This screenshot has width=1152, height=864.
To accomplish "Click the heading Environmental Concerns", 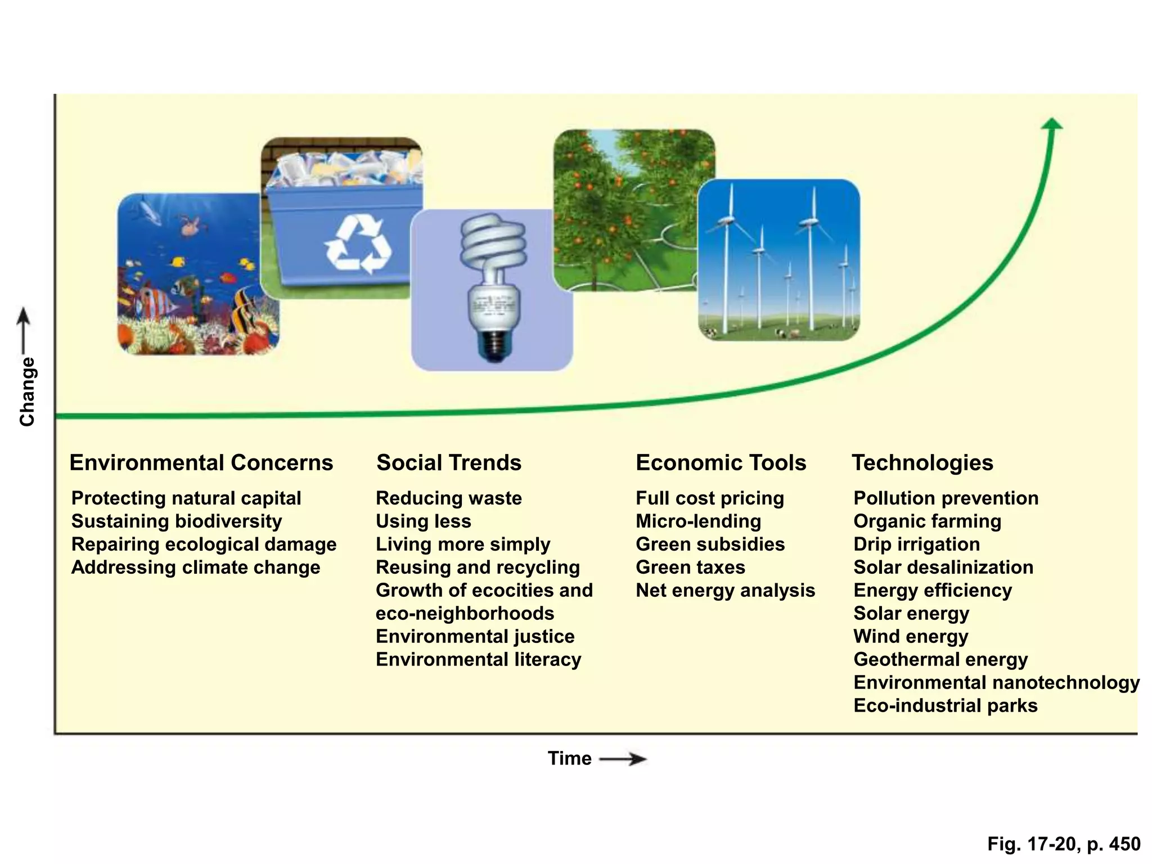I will pos(201,463).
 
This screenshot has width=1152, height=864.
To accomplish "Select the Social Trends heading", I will pos(449,463).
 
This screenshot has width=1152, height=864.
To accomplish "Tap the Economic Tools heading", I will pos(721,463).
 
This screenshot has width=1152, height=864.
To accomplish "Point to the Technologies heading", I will pos(922,463).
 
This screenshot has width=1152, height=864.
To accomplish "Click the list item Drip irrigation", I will pos(916,544).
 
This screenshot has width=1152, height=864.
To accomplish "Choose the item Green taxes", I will pos(690,568).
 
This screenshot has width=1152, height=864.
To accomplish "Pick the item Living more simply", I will pos(463,544).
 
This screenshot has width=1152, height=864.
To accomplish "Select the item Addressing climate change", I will pos(196,568).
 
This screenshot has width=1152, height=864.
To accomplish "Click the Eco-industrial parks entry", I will pos(945,706).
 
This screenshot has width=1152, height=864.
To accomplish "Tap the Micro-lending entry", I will pos(698,521).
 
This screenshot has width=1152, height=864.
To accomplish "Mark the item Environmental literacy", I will pos(478,660).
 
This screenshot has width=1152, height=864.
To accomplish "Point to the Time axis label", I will pos(569,759).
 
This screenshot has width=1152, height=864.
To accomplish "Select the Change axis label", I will pos(27,391).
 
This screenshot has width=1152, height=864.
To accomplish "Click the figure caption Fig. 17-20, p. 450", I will pos(1064,844).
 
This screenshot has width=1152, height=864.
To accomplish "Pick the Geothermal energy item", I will pos(940,660).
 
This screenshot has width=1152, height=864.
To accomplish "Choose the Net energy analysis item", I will pos(725,591).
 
